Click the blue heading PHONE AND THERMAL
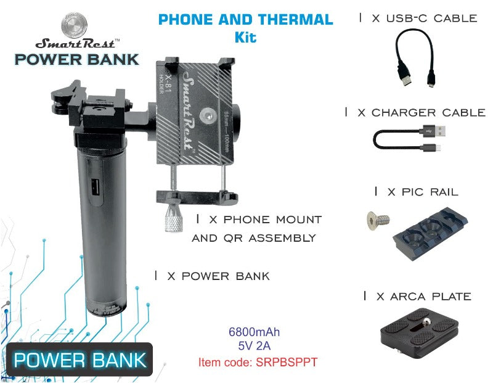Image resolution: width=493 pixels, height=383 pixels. point(245,19)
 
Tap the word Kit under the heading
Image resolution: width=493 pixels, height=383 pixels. point(245,37)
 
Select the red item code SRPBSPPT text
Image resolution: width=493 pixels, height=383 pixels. point(258,362)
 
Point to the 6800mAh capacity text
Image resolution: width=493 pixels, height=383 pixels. point(254,333)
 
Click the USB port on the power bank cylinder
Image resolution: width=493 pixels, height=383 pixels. point(94,187)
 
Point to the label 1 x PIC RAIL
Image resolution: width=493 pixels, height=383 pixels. point(416,192)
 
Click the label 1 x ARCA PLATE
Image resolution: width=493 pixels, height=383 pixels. point(417,297)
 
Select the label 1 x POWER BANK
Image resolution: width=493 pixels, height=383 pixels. point(212,276)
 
